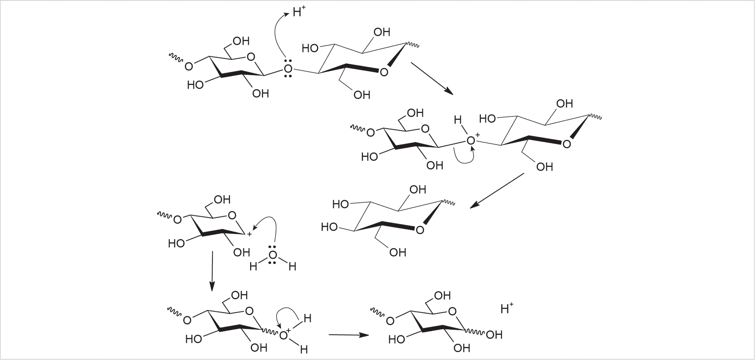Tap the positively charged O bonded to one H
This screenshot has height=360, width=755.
(x=471, y=140)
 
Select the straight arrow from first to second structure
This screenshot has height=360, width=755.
(x=431, y=78)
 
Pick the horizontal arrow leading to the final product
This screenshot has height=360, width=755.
(x=348, y=335)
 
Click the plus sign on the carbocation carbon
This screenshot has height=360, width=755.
(x=249, y=234)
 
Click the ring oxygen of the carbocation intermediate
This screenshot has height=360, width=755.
(x=232, y=215)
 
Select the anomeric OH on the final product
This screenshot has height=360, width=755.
(x=494, y=335)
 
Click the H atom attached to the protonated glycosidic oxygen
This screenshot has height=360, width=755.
(x=458, y=120)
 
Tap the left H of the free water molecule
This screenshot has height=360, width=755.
(x=253, y=267)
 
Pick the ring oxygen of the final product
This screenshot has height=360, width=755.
(x=452, y=312)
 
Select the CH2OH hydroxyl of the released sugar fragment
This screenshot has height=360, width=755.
(x=398, y=252)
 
